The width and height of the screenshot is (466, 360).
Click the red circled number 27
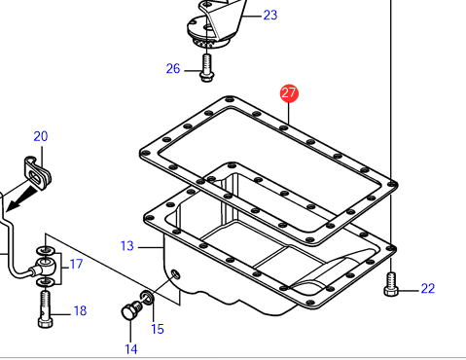pos(289,93)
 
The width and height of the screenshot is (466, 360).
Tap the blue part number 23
pos(270,15)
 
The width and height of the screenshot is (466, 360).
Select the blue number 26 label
pos(173,69)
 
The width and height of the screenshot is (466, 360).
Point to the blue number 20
pos(41,136)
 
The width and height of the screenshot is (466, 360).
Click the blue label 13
pos(126,246)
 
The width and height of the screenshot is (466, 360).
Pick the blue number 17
pos(76,264)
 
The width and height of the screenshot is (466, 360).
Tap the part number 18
pos(80,310)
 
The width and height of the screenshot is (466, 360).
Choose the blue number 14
pos(131,349)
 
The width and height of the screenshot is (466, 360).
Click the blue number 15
pos(158,329)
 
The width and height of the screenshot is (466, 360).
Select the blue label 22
pos(428,288)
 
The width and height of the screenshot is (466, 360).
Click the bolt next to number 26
pos(206,68)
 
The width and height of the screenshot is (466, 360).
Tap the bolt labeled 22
pos(391,284)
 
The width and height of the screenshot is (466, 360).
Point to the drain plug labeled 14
pos(131,310)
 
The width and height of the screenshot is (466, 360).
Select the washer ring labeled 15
pos(147,297)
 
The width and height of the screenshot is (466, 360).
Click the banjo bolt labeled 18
pos(46,308)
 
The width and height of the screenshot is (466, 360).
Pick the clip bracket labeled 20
pos(38,171)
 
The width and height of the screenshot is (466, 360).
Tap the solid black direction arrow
pos(23,198)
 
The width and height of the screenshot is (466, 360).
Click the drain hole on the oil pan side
pos(175,274)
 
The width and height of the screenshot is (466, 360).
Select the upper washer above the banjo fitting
pos(46,251)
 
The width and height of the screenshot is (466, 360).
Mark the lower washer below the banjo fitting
pos(46,282)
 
